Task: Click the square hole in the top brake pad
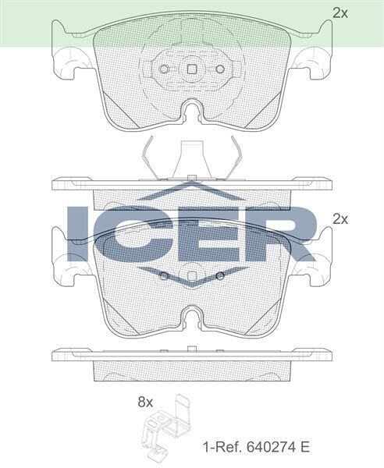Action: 192,69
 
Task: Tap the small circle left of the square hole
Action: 164,69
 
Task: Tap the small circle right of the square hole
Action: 220,69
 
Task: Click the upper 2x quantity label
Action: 340,12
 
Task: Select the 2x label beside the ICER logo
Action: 340,219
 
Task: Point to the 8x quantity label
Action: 145,402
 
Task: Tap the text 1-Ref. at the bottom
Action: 220,448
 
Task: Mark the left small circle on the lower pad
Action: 163,277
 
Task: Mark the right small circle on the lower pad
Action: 221,277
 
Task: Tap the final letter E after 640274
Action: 305,448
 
